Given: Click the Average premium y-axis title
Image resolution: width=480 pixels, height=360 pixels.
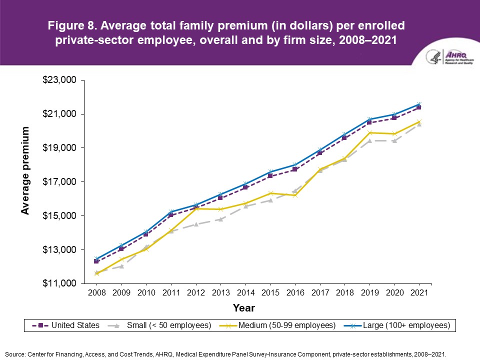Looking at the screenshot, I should pyautogui.click(x=25, y=171).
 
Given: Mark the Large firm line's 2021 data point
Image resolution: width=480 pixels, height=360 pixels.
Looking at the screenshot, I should pyautogui.click(x=419, y=104).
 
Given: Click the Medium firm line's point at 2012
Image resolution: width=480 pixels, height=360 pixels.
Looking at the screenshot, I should pyautogui.click(x=196, y=208).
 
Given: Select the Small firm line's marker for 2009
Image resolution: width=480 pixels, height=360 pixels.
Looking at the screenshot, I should pyautogui.click(x=121, y=266).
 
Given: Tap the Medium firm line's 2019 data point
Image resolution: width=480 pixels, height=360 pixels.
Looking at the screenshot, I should pyautogui.click(x=369, y=132).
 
